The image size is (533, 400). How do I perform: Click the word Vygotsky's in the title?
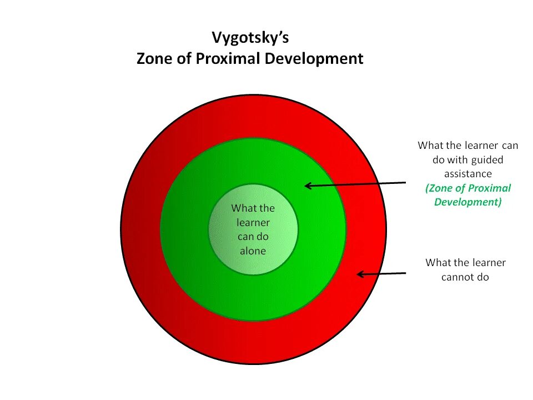pyautogui.click(x=250, y=39)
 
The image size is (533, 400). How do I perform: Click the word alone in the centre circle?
pyautogui.click(x=253, y=251)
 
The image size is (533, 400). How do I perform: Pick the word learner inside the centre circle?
pyautogui.click(x=253, y=222)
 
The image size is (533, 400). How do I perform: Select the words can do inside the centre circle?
pyautogui.click(x=253, y=236)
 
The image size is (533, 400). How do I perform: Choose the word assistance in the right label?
pyautogui.click(x=468, y=174)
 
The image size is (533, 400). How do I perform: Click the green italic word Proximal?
pyautogui.click(x=489, y=188)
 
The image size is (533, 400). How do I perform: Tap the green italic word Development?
pyautogui.click(x=467, y=202)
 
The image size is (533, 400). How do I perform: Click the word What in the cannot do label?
pyautogui.click(x=438, y=262)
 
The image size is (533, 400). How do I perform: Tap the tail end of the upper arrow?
pyautogui.click(x=406, y=183)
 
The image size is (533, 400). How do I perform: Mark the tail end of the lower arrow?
pyautogui.click(x=406, y=273)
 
